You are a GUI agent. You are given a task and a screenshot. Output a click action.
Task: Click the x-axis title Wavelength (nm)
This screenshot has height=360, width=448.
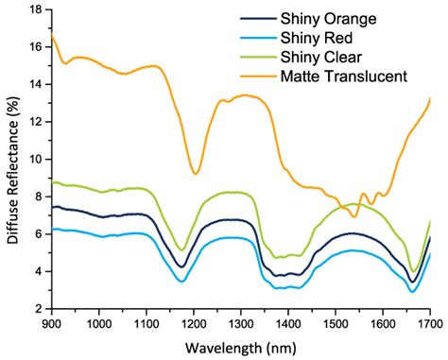[x=241, y=347]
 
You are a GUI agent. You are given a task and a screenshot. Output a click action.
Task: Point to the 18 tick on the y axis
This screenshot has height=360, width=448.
[x=35, y=9]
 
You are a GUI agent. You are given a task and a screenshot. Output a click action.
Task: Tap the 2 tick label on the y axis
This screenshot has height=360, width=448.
[x=38, y=309]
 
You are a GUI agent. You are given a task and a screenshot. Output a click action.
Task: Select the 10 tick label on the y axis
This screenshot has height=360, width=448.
[x=35, y=160]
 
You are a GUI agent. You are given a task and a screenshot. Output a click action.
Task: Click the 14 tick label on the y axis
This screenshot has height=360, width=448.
[x=35, y=84]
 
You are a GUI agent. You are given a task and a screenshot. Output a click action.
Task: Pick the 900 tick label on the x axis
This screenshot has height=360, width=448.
[x=52, y=323]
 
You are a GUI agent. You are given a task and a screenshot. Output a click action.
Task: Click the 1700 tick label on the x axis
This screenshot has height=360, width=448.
[x=429, y=323]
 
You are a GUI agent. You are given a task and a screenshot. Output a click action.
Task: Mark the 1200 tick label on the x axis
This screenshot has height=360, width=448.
[x=194, y=323]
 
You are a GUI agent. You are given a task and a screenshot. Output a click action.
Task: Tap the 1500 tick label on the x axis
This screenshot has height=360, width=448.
[x=335, y=323]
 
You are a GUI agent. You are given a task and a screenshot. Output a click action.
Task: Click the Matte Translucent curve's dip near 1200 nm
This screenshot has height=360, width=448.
[x=195, y=173]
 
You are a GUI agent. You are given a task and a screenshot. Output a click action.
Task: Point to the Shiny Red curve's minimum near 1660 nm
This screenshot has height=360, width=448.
[x=412, y=291]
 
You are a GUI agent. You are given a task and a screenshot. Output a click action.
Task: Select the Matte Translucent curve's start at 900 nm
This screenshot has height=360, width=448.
[x=52, y=36]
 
